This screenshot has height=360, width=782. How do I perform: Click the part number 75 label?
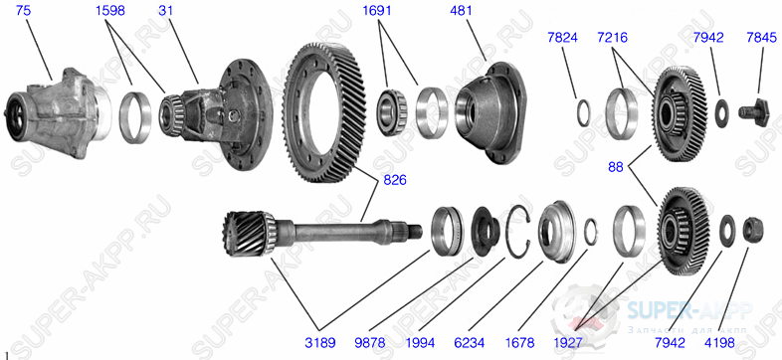coord(23,11)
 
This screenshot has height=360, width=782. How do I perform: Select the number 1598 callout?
coord(110,11)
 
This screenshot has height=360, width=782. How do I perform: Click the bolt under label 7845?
coord(752,107)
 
